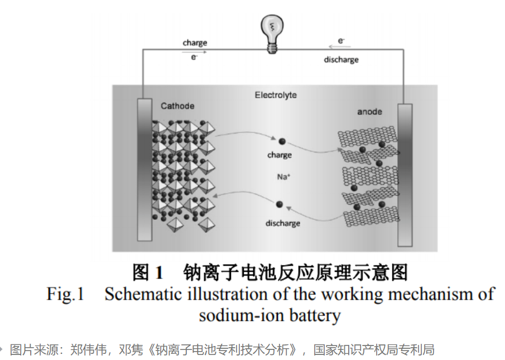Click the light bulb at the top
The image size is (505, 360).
[271, 32]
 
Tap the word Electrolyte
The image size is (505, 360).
[276, 95]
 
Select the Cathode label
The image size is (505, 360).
[177, 105]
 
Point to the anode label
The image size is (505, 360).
[369, 112]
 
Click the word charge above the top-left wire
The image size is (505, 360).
[195, 43]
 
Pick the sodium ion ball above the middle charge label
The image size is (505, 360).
[282, 142]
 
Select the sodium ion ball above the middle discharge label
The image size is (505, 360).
[279, 205]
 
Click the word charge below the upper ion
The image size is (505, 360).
[279, 155]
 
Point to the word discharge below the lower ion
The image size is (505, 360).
[282, 223]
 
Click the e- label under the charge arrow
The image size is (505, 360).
[194, 57]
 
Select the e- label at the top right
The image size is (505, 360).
[341, 41]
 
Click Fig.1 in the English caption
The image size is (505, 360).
[65, 294]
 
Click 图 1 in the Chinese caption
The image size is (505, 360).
[148, 273]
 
